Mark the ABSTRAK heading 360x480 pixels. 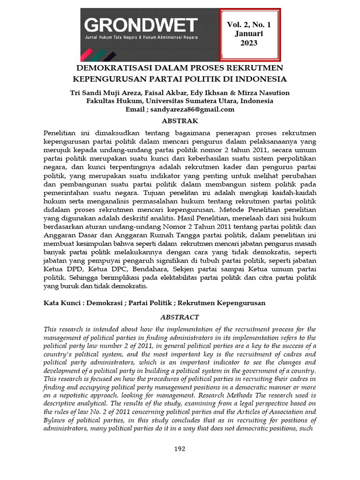pyautogui.click(x=180, y=121)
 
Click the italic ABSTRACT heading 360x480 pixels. pyautogui.click(x=180, y=317)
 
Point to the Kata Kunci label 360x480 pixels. pyautogui.click(x=60, y=303)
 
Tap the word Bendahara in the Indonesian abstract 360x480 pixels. pyautogui.click(x=158, y=269)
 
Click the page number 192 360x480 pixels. pyautogui.click(x=180, y=449)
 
